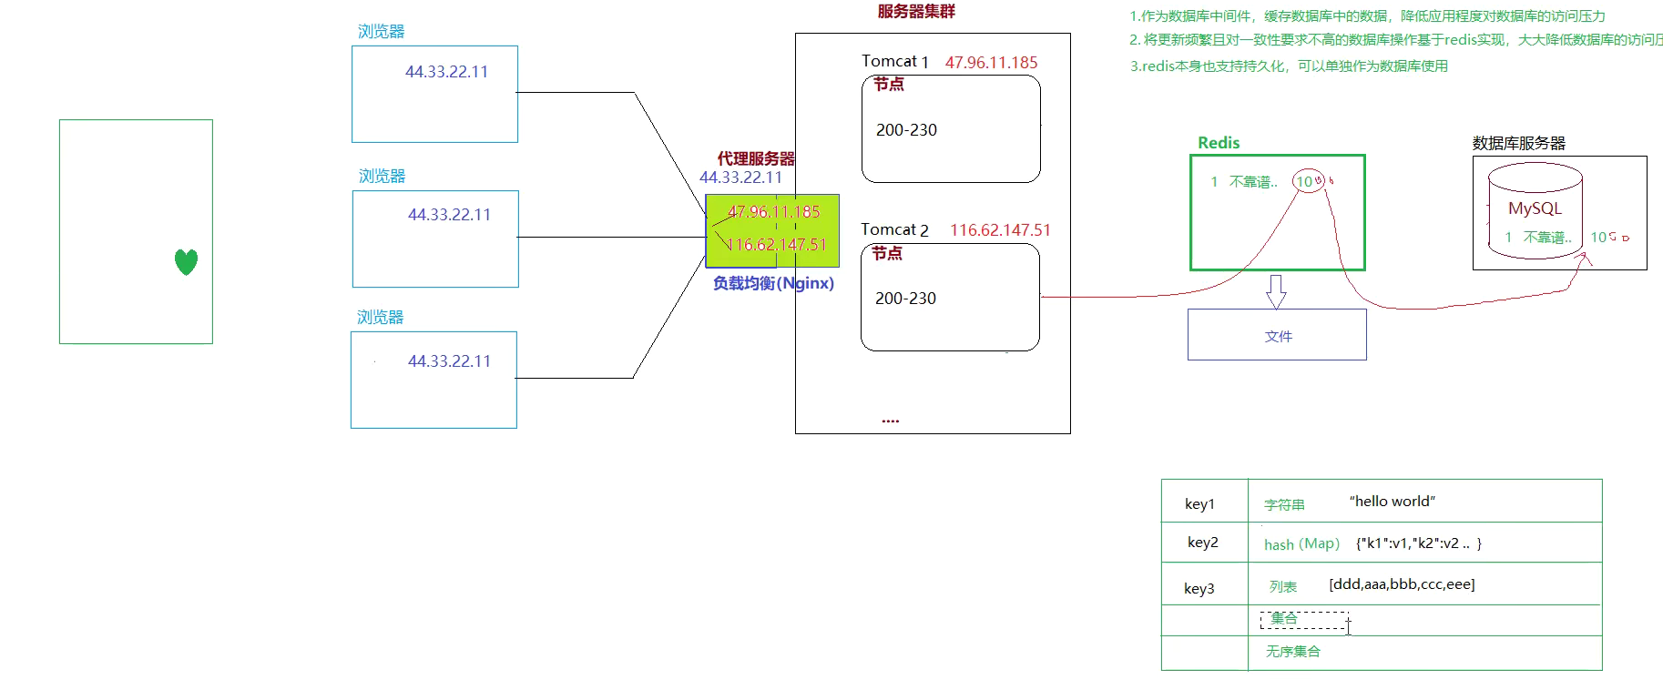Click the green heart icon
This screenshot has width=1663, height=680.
point(186,262)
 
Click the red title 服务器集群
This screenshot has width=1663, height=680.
point(916,12)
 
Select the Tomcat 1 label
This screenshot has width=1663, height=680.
point(894,62)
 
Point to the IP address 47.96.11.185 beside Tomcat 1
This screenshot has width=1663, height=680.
point(991,63)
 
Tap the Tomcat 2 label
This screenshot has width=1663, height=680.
point(894,230)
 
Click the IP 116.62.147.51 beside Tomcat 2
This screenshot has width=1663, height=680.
point(1000,230)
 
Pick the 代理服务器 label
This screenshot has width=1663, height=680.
point(756,158)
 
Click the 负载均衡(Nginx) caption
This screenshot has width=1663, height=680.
point(773,283)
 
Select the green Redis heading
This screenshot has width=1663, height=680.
point(1219,143)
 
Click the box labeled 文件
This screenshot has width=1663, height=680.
point(1277,335)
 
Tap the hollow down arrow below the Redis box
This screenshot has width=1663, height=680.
point(1276,291)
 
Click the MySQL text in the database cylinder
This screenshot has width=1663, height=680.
point(1535,208)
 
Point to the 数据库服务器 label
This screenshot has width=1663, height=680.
point(1518,143)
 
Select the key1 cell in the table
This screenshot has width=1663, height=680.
point(1199,503)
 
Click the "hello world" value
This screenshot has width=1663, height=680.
point(1392,502)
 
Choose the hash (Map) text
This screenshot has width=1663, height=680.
point(1301,544)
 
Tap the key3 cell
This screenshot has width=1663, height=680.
point(1199,588)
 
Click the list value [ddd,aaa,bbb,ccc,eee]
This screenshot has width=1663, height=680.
point(1402,584)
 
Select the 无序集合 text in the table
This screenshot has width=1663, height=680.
point(1292,652)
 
